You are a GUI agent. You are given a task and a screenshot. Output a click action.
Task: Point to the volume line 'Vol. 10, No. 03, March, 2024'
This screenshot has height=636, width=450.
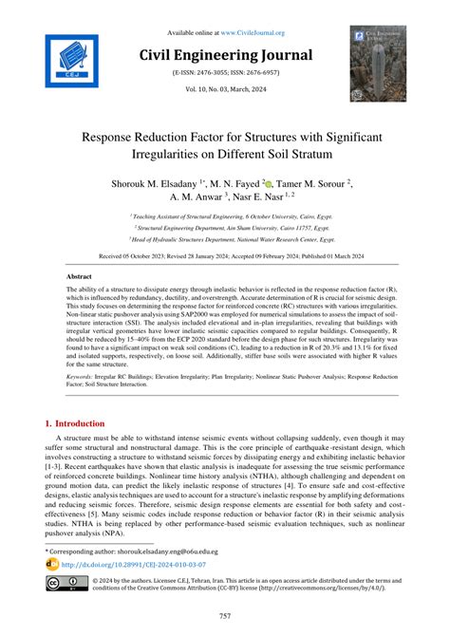(x=225, y=88)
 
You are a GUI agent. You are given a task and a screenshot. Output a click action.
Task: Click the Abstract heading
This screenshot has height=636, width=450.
(x=79, y=276)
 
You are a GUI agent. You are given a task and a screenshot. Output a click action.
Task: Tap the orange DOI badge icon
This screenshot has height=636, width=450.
(x=52, y=564)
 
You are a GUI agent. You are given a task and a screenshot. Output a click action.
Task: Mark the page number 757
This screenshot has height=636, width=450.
(x=225, y=615)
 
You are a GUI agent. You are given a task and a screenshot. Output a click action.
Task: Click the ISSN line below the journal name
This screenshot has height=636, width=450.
(x=225, y=72)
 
